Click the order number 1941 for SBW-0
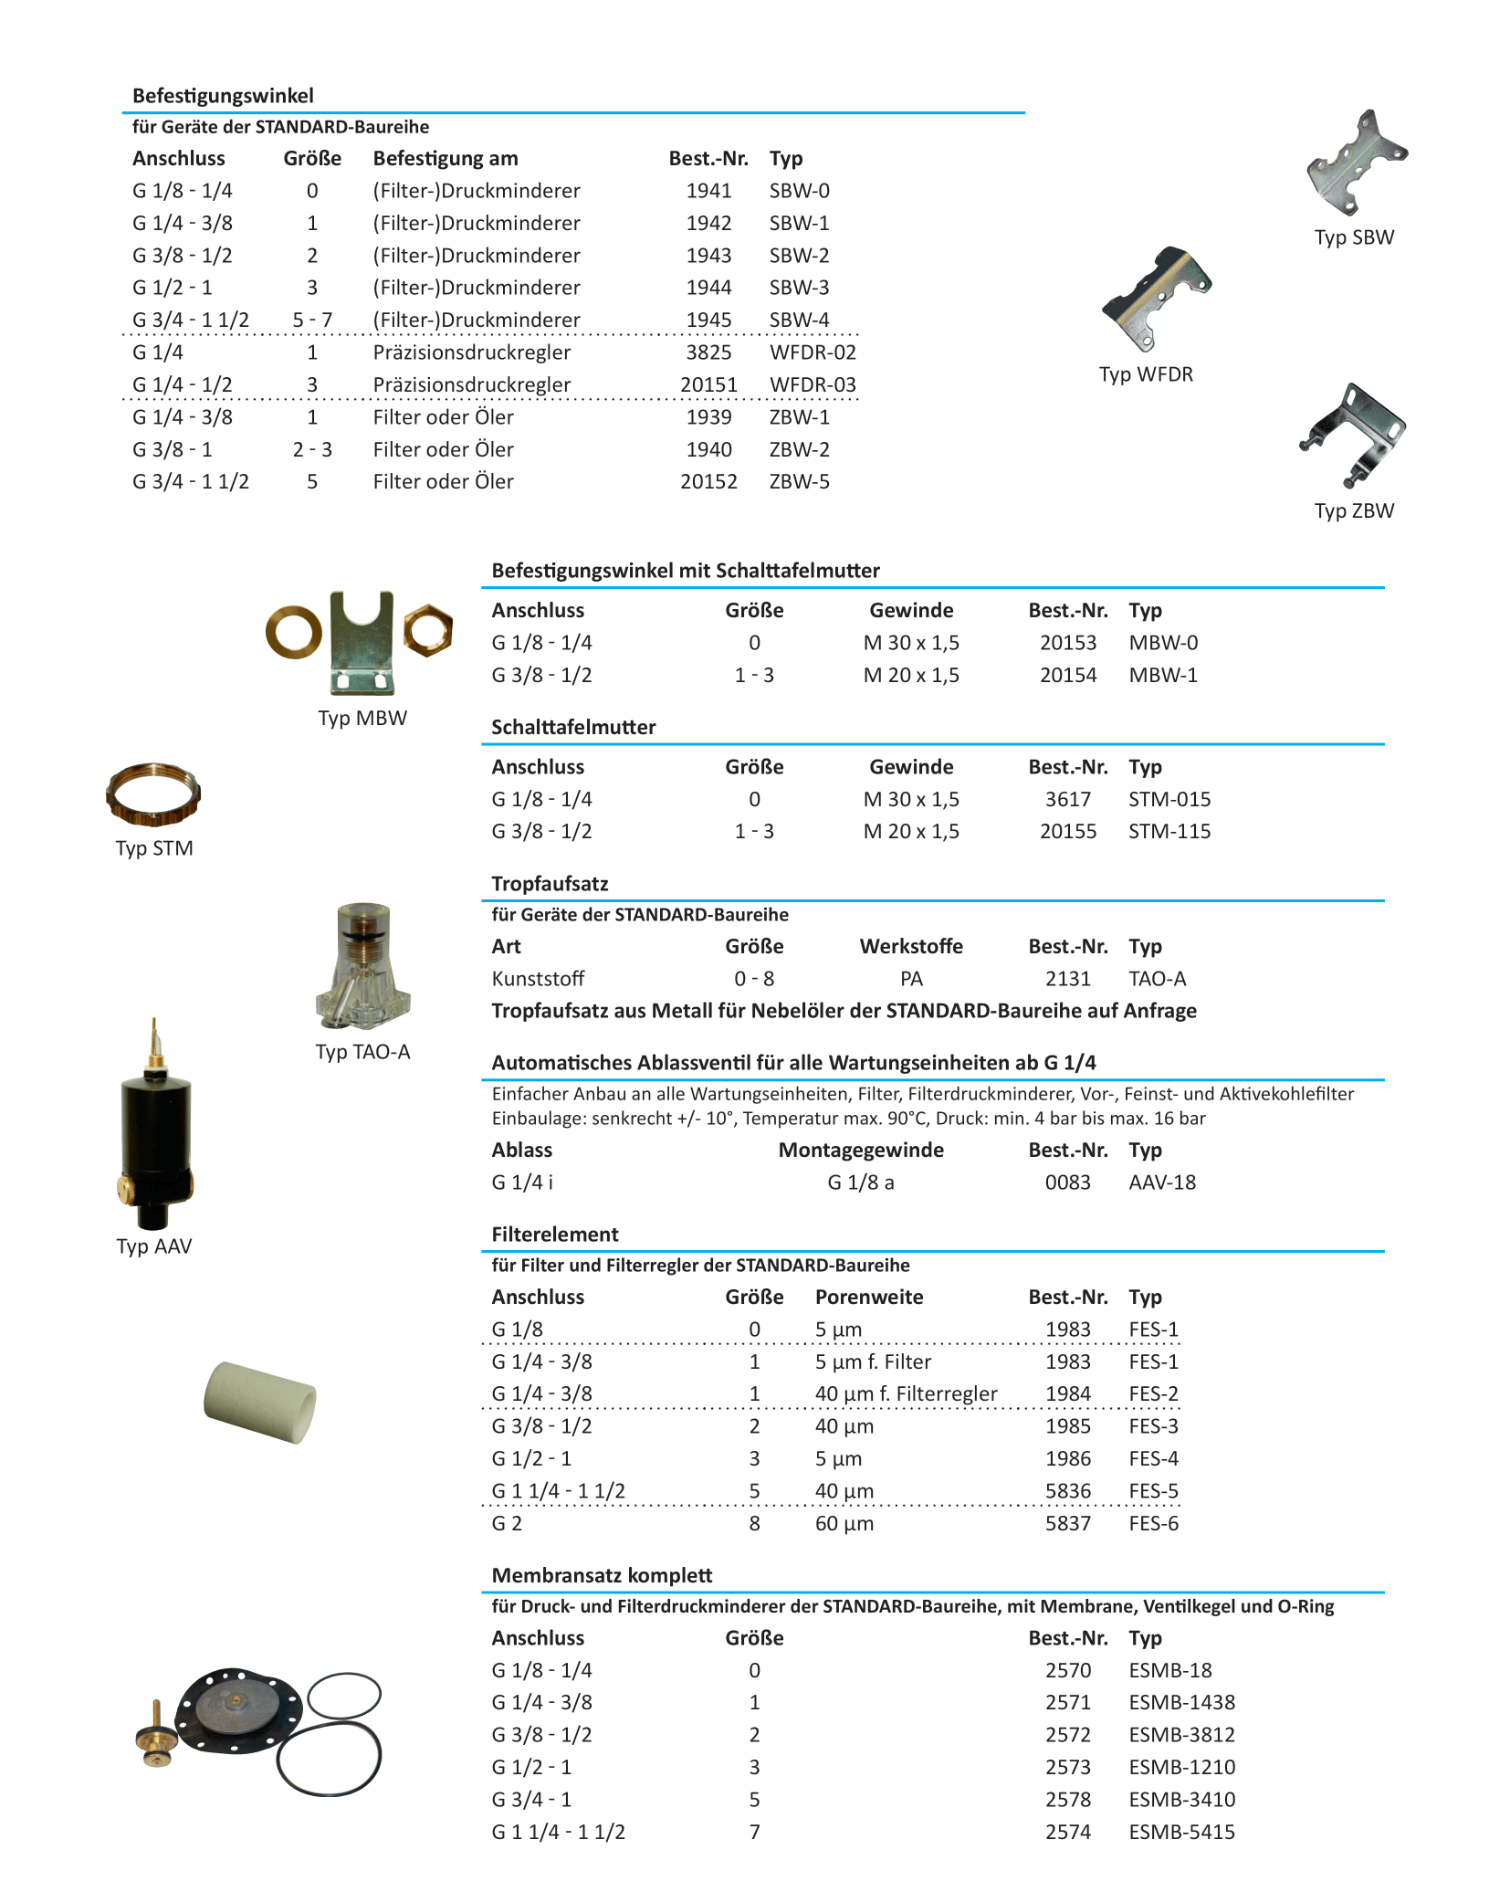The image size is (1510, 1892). click(x=708, y=191)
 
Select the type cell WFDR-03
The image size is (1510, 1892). click(x=813, y=385)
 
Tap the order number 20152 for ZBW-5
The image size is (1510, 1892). click(x=708, y=482)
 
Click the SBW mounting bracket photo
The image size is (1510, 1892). click(x=1355, y=163)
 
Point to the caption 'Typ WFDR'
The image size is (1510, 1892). click(x=1146, y=374)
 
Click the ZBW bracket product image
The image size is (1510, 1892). click(x=1353, y=435)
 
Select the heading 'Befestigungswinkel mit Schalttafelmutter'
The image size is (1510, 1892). click(x=686, y=571)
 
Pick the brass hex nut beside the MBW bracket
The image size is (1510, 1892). click(x=427, y=630)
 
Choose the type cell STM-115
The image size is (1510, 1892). click(x=1169, y=832)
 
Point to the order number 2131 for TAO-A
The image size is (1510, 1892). click(x=1068, y=979)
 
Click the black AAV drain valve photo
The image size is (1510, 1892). click(x=156, y=1132)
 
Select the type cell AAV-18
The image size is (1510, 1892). click(x=1162, y=1182)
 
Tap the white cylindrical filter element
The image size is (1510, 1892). click(x=259, y=1403)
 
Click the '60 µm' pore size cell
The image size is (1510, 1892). click(x=844, y=1523)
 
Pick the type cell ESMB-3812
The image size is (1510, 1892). click(x=1181, y=1735)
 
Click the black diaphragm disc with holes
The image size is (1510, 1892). click(x=236, y=1709)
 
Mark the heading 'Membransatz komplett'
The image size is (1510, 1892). click(x=602, y=1575)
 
